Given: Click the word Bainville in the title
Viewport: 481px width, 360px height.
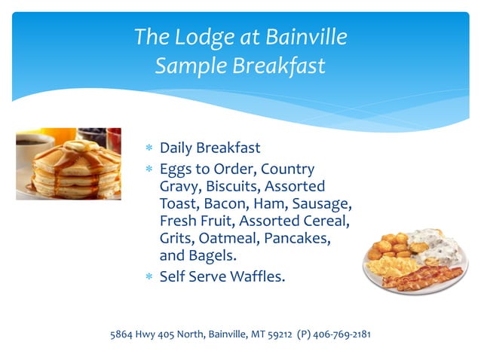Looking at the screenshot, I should (x=306, y=36).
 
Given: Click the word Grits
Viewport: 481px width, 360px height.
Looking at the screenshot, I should (x=176, y=238).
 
